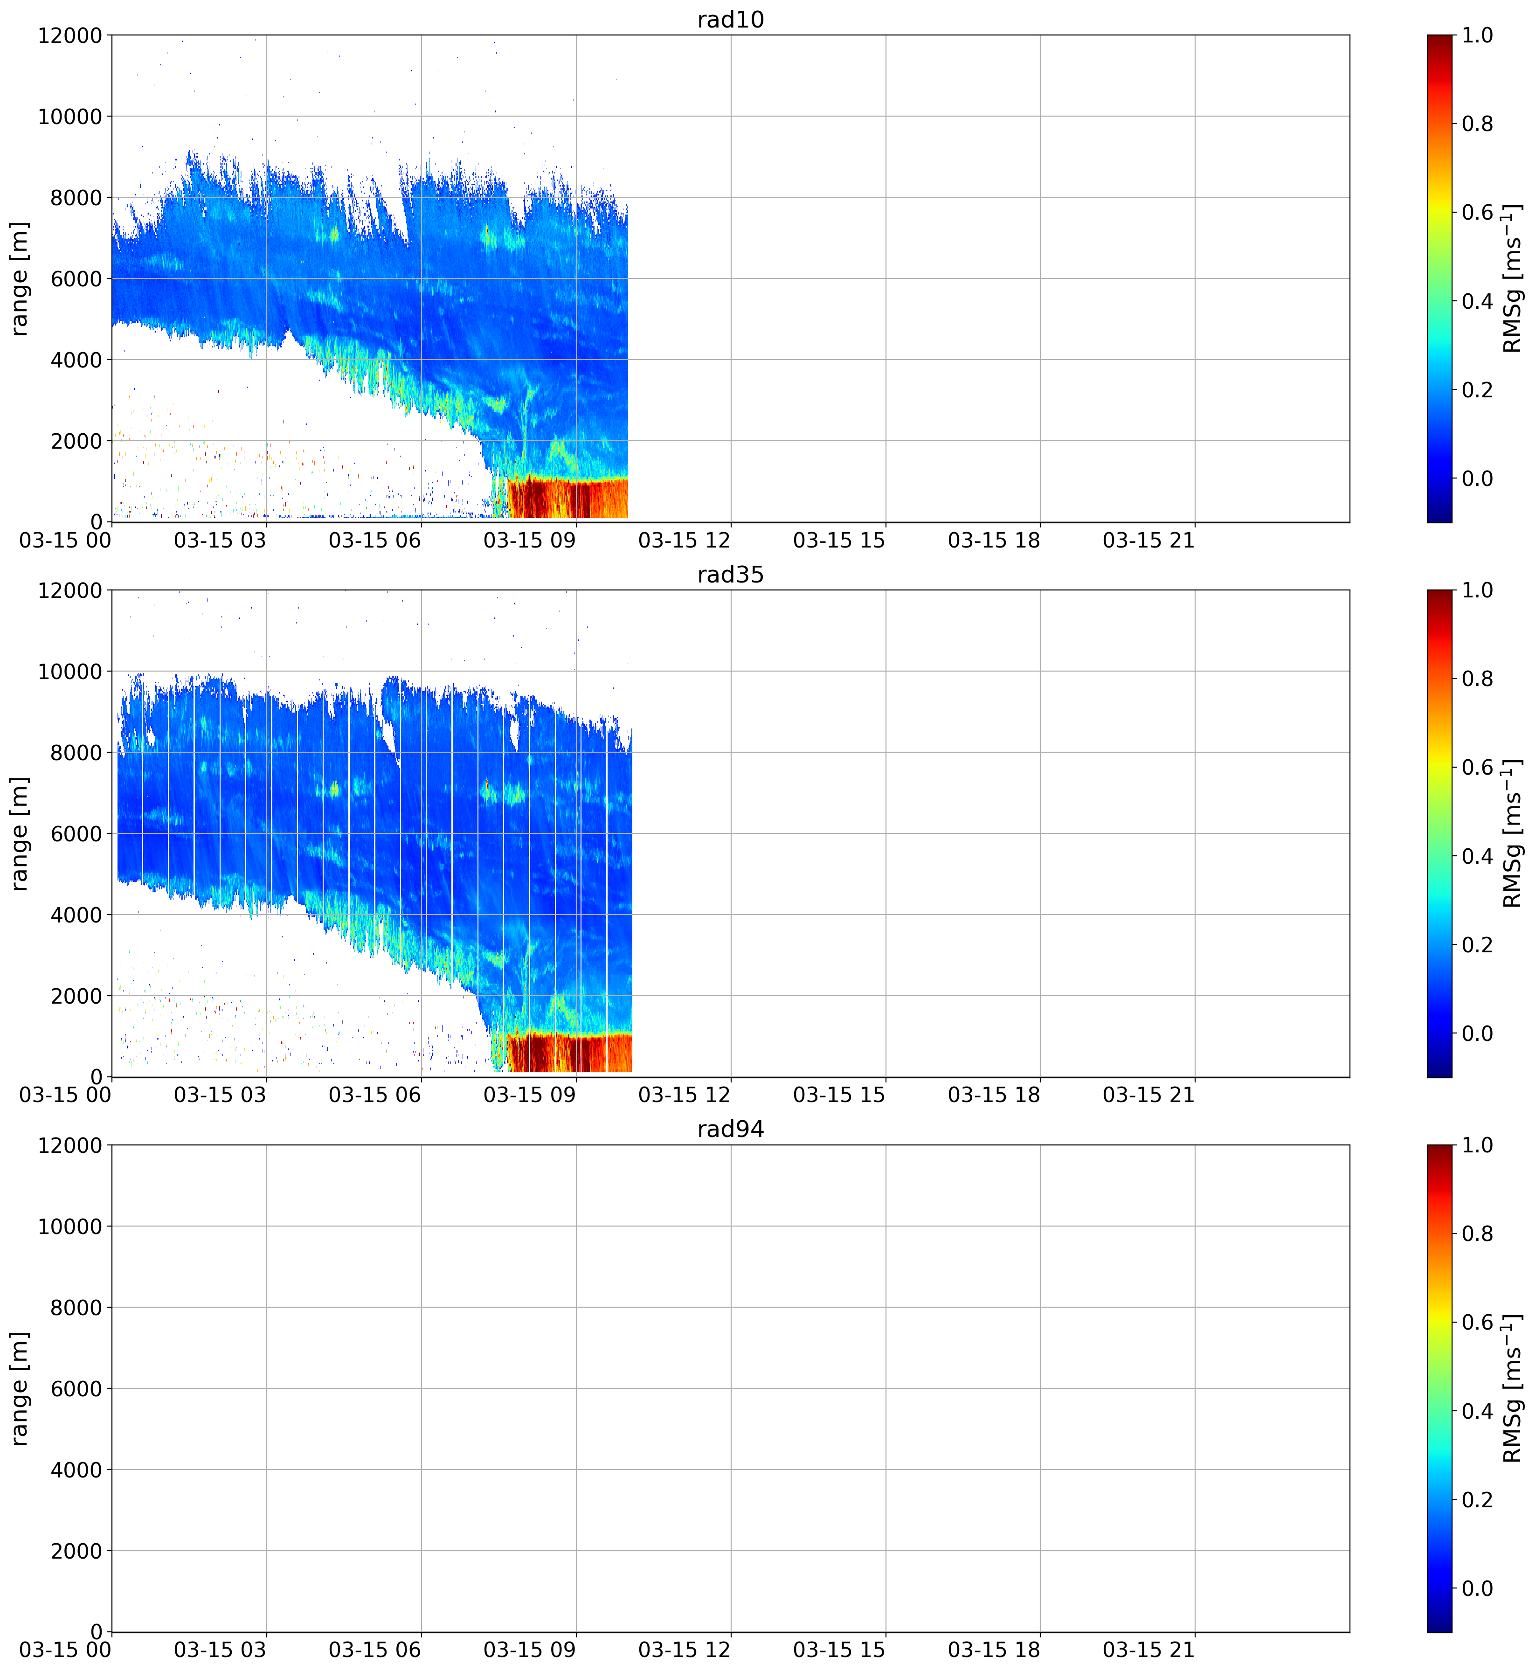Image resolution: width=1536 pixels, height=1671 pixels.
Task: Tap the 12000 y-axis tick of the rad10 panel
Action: [70, 36]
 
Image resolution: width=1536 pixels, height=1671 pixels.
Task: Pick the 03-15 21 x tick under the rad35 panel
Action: [1149, 1095]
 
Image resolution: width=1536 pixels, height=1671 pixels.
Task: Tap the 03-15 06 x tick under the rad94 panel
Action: [375, 1650]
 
